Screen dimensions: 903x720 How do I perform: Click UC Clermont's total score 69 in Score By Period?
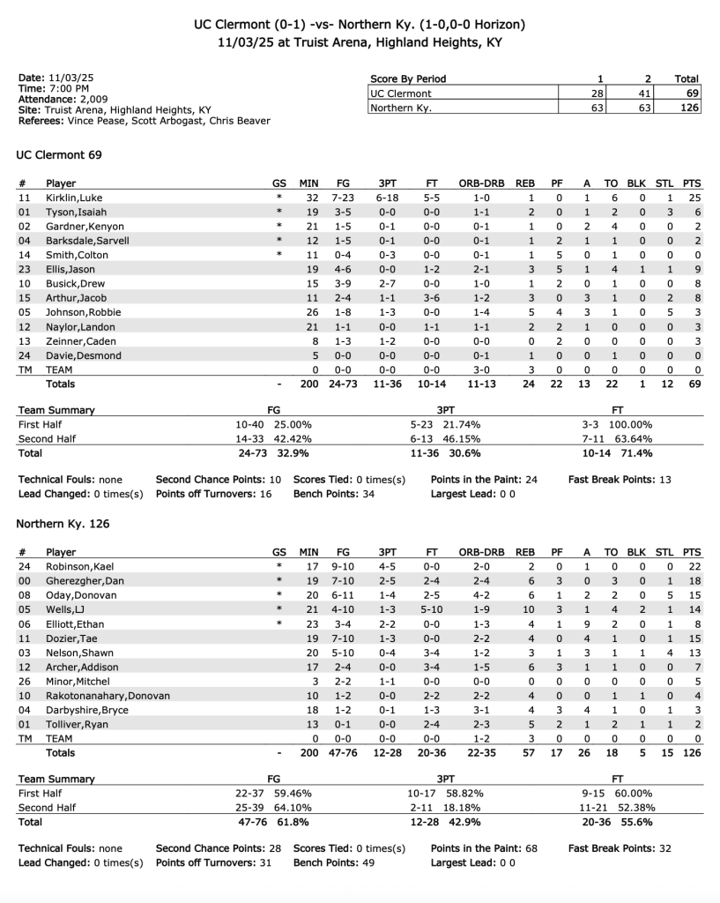click(692, 93)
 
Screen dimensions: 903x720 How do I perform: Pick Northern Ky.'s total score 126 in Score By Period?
click(689, 108)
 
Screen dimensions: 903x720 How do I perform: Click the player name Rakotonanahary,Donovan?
click(108, 696)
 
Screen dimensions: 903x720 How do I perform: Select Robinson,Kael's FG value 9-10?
click(343, 566)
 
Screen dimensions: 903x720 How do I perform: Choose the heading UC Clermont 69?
click(59, 155)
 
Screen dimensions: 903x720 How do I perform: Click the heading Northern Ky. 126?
click(63, 524)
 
